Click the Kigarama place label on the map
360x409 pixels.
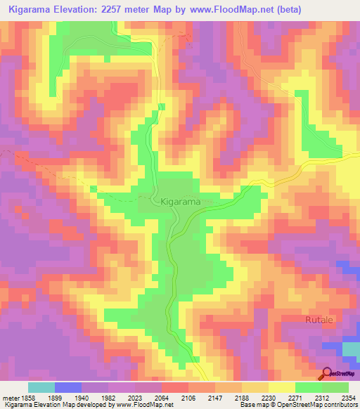coord(181,202)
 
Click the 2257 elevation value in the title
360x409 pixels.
coord(131,10)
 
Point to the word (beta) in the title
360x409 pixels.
coord(335,10)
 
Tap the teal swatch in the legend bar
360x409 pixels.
coord(41,387)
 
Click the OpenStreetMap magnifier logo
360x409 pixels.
coord(326,373)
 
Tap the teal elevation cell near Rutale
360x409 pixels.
coord(349,349)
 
